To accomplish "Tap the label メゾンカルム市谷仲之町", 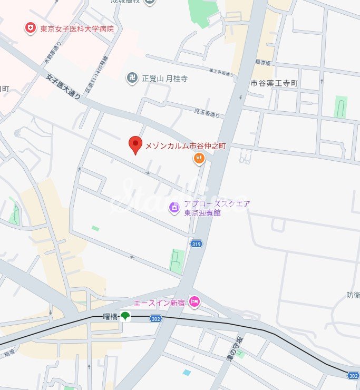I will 185,146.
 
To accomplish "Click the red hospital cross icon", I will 31,28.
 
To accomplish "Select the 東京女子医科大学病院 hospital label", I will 77,28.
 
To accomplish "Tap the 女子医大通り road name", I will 64,87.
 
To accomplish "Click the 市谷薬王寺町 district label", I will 274,83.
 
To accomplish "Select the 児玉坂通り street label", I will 207,112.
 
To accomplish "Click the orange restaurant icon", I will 199,159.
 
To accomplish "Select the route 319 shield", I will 196,243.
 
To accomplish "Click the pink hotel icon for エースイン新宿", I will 194,302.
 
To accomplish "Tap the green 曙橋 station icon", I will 125,316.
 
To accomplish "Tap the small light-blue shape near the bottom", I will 187,372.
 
